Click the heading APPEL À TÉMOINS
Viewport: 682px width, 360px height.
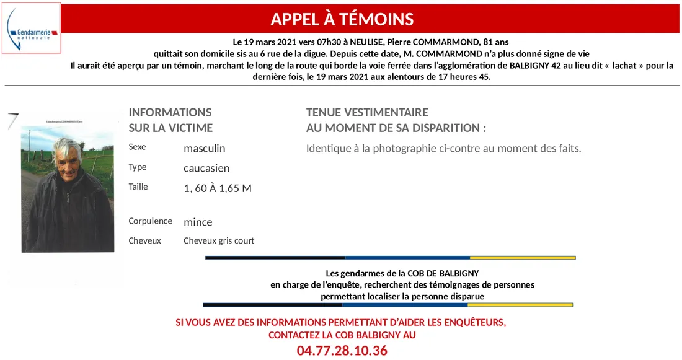[x=342, y=19]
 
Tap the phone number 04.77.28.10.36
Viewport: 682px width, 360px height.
[x=342, y=351]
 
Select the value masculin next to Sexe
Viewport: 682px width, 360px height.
[x=204, y=149]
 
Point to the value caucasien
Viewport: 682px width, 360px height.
[x=206, y=168]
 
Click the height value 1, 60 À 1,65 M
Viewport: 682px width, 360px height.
[x=218, y=188]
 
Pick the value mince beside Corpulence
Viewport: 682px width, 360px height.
[x=198, y=222]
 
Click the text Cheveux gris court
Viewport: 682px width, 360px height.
[x=219, y=241]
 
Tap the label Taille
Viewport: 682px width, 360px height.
[x=138, y=187]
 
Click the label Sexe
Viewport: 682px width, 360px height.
[x=137, y=147]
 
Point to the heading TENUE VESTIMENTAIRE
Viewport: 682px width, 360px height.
[x=367, y=113]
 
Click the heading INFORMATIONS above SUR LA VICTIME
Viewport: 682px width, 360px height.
[x=170, y=113]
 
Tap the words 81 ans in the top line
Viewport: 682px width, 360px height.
[x=496, y=42]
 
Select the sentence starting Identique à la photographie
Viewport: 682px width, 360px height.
[x=443, y=149]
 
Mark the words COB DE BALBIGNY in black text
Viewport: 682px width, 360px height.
[x=443, y=273]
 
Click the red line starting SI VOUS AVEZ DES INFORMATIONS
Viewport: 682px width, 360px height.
[x=341, y=323]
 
